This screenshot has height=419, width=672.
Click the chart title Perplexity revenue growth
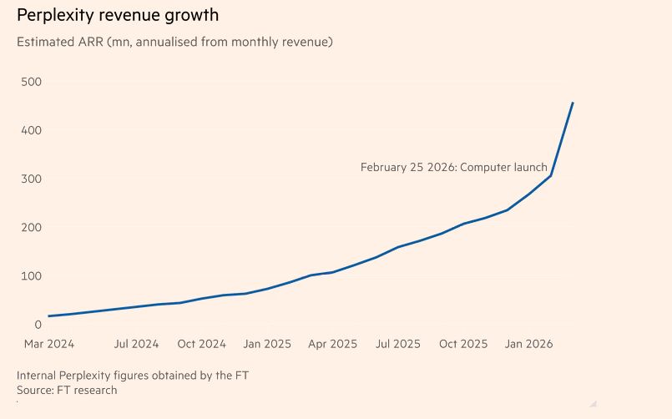point(118,15)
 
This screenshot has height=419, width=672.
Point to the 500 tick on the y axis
point(32,82)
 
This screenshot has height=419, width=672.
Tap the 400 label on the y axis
point(32,130)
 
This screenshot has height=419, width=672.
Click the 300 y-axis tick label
point(32,179)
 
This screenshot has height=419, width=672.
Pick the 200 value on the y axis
point(32,227)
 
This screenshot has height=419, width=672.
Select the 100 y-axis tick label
point(32,275)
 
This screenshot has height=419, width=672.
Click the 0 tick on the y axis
point(38,324)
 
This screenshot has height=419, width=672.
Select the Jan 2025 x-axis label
point(266,343)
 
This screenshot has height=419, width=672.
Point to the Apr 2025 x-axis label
point(331,343)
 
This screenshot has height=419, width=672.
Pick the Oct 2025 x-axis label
point(462,343)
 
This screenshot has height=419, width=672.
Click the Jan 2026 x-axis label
point(528,343)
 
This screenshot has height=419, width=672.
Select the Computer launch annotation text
point(453,167)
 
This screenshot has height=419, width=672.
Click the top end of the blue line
point(573,103)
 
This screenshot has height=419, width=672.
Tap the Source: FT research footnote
point(67,390)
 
